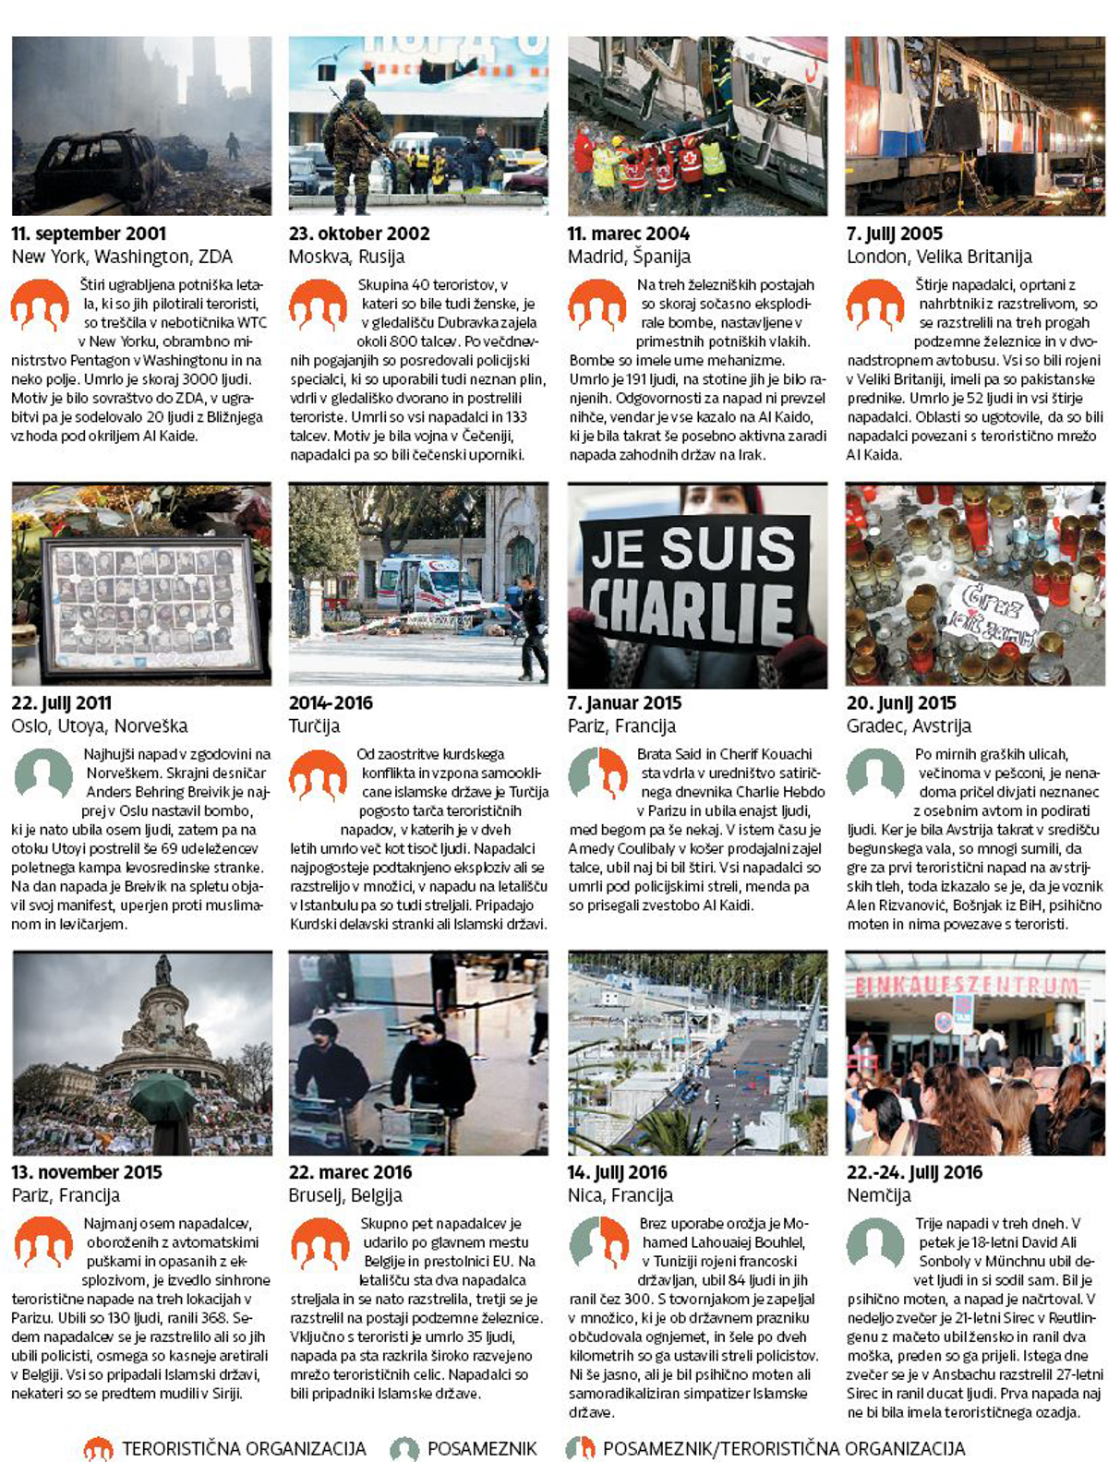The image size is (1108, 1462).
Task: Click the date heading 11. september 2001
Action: (89, 234)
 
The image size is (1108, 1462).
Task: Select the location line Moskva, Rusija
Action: (346, 257)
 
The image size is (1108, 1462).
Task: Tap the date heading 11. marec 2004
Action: (628, 234)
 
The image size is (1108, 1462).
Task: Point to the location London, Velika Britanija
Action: (938, 257)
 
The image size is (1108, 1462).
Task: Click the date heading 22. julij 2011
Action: (61, 702)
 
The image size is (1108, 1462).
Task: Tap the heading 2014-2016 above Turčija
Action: (331, 702)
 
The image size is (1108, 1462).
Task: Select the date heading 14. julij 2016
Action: (617, 1172)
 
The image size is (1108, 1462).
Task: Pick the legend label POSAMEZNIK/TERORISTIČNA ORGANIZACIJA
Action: (783, 1448)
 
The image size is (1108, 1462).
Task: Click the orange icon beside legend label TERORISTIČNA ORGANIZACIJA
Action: (98, 1448)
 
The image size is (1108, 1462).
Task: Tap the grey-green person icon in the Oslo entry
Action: (42, 773)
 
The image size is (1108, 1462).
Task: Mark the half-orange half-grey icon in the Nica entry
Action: (597, 1242)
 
